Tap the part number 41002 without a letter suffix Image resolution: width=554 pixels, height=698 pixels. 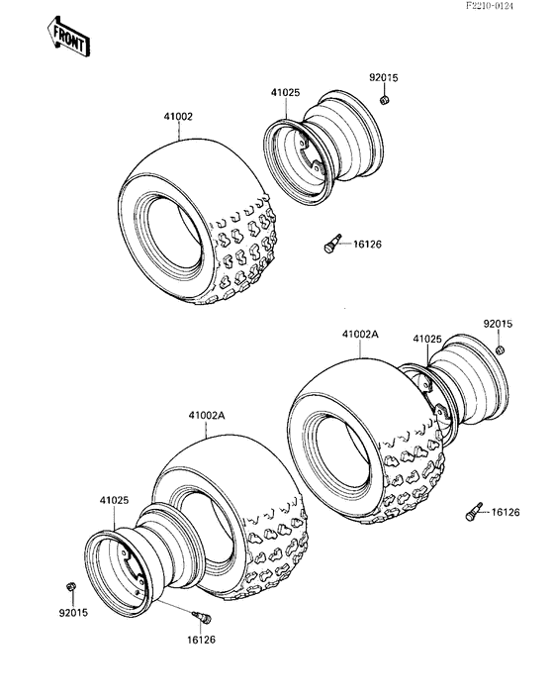(x=178, y=116)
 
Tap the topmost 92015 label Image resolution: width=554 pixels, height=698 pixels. (x=385, y=78)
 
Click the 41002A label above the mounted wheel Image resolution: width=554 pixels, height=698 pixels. (x=361, y=335)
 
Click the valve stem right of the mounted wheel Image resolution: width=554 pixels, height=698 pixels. (x=473, y=512)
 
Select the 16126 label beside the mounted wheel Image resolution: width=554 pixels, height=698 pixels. (x=506, y=512)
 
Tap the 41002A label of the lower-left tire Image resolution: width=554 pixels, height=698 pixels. (x=206, y=417)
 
